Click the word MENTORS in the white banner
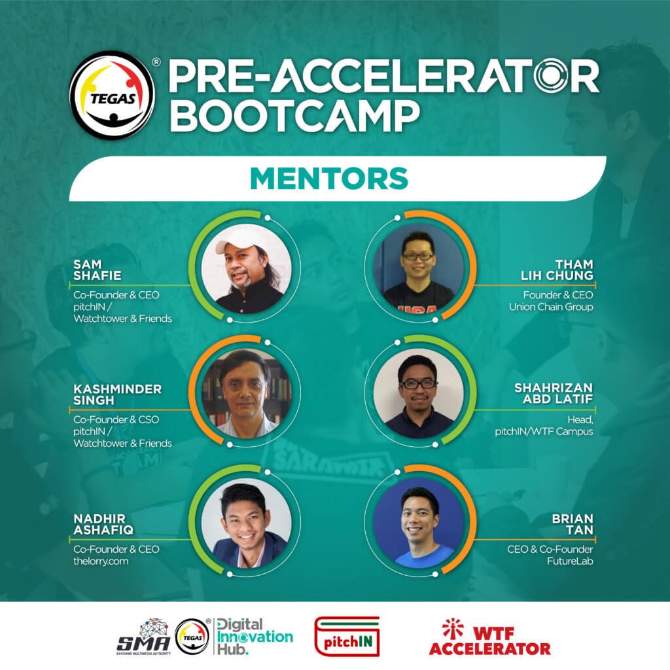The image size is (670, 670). pos(329,178)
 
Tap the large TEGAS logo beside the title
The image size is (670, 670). pos(112,95)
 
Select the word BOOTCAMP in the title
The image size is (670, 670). pos(295,116)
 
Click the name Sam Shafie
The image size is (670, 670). pos(97,270)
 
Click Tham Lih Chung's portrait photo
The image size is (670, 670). pos(419,268)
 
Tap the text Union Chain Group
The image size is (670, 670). pos(551,307)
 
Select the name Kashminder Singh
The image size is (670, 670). pos(118,395)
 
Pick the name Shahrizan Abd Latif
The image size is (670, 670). pos(554,393)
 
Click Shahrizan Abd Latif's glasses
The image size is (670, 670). pos(418,383)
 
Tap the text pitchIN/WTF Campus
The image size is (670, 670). pos(544,432)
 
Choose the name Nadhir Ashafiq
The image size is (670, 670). pos(103,524)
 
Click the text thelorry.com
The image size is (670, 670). pos(100,561)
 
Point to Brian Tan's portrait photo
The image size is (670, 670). pos(419,523)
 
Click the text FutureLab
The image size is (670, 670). pos(570,561)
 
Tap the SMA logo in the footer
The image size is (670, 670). pos(143,637)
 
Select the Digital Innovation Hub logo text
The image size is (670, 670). pos(255,637)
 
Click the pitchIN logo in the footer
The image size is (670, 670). pos(347,637)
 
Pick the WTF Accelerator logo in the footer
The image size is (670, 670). pos(489,637)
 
